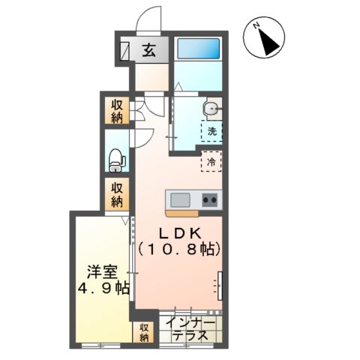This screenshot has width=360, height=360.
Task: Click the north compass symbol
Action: (x=265, y=38)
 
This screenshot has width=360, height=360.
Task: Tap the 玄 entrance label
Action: (x=148, y=51)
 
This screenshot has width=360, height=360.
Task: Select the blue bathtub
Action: (x=197, y=50)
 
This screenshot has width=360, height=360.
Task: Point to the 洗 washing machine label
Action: (x=211, y=131)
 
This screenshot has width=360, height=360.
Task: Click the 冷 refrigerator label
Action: (x=211, y=161)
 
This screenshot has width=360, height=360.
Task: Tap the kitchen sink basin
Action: (x=181, y=200)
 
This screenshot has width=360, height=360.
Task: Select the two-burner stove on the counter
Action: (x=209, y=199)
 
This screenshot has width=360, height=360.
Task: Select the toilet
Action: (x=115, y=158)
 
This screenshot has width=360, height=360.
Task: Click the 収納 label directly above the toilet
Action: (x=116, y=111)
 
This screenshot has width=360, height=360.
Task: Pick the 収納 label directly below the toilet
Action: (x=116, y=194)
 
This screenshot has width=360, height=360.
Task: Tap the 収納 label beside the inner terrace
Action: (x=143, y=332)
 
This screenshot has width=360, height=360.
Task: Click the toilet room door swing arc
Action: (x=143, y=138)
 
